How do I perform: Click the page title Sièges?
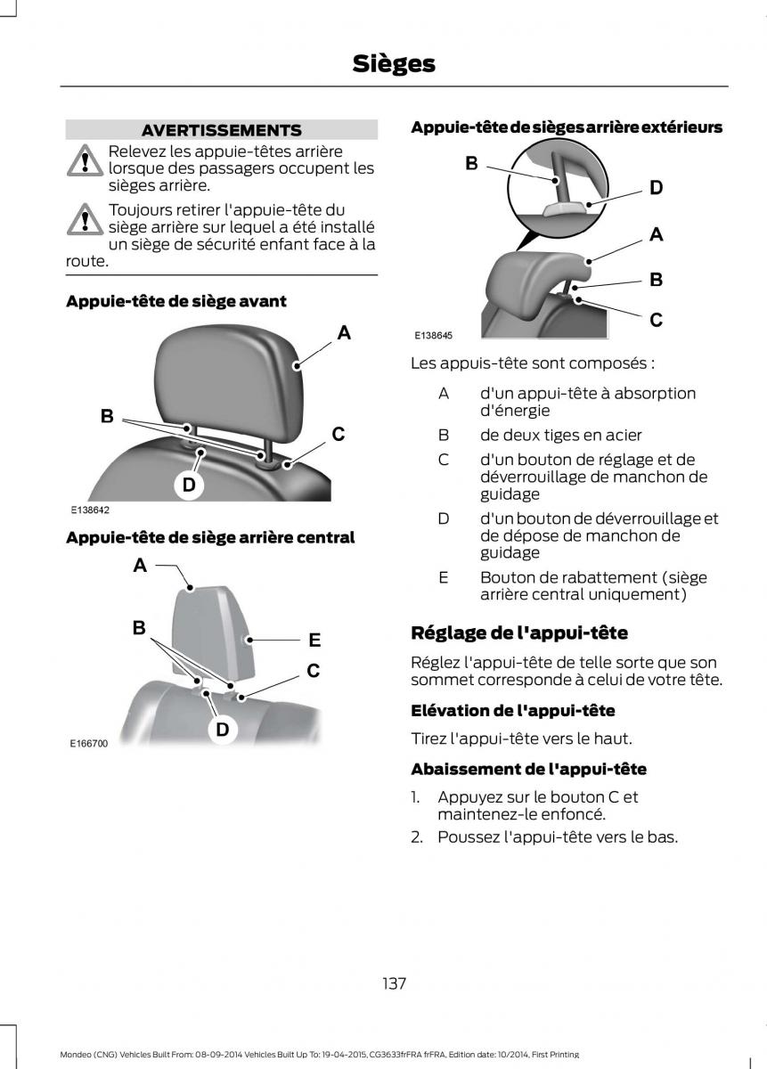tap(394, 64)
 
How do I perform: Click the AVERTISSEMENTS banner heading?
tap(222, 130)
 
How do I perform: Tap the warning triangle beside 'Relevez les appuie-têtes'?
tap(85, 160)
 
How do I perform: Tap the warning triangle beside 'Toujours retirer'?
tap(85, 219)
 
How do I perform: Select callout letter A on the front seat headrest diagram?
tap(344, 332)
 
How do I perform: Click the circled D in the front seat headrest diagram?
tap(189, 485)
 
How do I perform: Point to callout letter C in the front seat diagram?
tap(339, 435)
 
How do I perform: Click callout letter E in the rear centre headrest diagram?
tap(314, 640)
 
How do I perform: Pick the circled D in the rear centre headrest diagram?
tap(223, 730)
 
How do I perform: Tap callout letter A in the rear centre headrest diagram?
tap(140, 566)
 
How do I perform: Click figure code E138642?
tap(90, 510)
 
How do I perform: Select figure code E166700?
tap(89, 744)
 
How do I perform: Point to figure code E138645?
tap(433, 336)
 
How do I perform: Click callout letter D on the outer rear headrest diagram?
tap(657, 188)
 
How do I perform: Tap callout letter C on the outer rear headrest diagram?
tap(657, 320)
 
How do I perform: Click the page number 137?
tap(395, 983)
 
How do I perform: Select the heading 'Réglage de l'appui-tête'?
tap(519, 632)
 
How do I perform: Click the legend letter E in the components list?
tap(444, 577)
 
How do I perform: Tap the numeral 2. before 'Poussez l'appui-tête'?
tap(417, 837)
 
